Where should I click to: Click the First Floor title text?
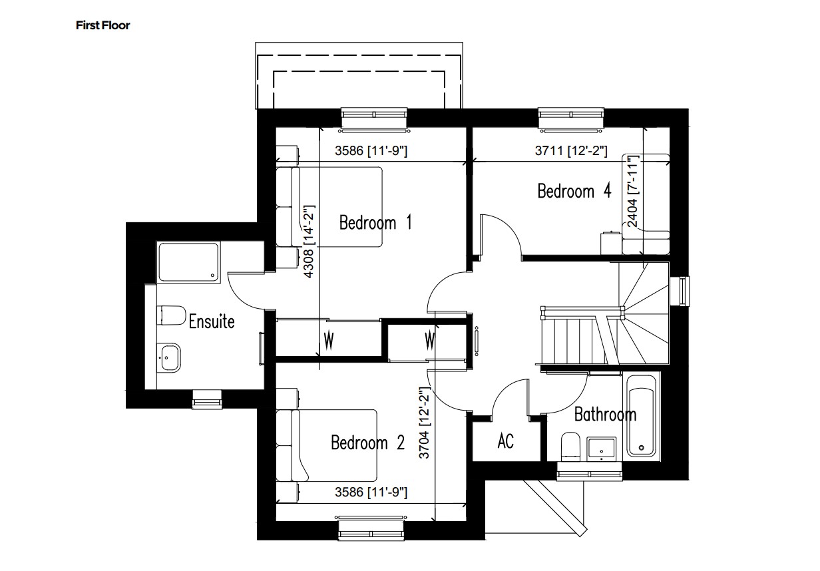(x=102, y=26)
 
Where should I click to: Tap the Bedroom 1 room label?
(x=375, y=222)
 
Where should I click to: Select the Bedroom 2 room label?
(x=367, y=443)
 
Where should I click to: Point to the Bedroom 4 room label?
(x=574, y=192)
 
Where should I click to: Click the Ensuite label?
(x=212, y=321)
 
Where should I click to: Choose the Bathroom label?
(x=605, y=415)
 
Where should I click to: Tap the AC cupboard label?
(x=506, y=441)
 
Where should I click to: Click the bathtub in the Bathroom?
(x=642, y=415)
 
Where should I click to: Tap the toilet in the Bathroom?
(x=570, y=447)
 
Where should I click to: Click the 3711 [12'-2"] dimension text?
(x=571, y=152)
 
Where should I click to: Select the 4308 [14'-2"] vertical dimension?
(x=308, y=240)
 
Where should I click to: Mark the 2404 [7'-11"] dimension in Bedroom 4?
(x=632, y=192)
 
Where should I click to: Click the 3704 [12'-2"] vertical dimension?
(x=424, y=425)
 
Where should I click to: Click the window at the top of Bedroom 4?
(x=572, y=117)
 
